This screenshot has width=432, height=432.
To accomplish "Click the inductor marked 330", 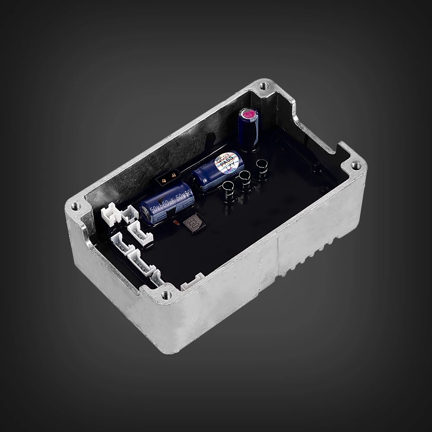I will (x=192, y=224).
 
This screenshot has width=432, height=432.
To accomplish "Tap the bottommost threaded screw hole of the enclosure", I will (x=165, y=295).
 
